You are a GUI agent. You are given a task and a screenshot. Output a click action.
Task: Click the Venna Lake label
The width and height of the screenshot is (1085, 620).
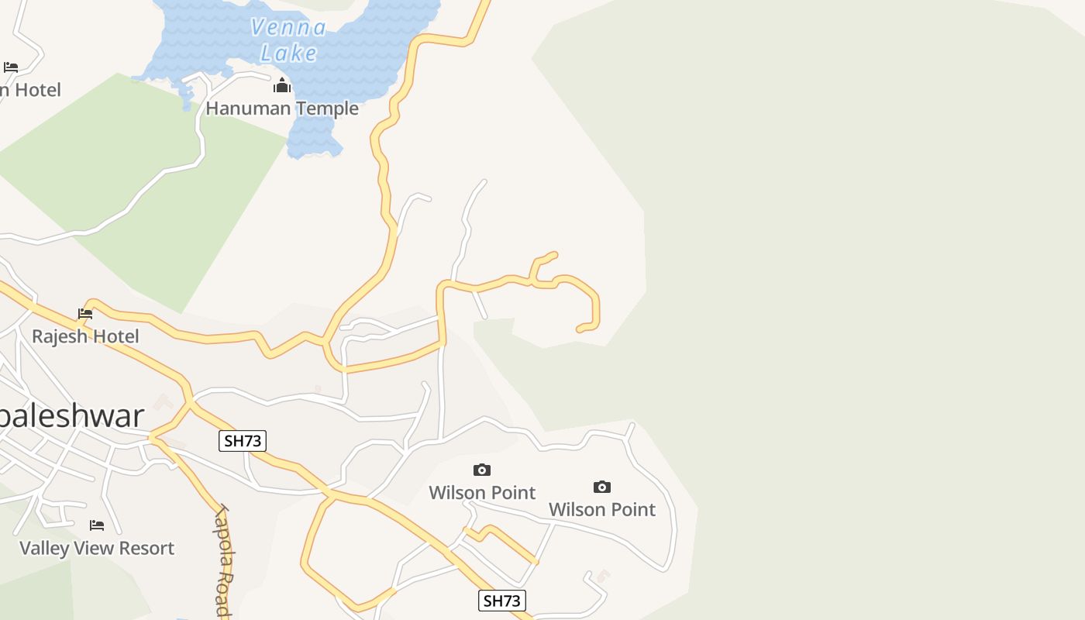point(288,40)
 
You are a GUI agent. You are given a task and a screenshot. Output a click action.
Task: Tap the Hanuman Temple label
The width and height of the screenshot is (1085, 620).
point(282,108)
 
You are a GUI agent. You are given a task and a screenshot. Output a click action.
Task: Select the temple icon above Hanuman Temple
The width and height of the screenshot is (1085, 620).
point(282,85)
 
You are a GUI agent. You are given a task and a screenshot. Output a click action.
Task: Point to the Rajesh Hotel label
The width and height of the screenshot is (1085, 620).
point(85,336)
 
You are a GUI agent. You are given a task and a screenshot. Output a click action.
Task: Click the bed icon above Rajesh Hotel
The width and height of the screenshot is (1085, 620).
point(85,314)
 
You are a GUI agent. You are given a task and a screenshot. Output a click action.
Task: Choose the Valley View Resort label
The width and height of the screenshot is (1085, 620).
point(97,548)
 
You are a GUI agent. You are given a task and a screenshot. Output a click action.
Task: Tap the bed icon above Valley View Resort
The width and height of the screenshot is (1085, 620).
point(97,525)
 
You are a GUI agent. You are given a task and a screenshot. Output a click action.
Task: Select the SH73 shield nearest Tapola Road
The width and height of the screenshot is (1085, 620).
point(243,441)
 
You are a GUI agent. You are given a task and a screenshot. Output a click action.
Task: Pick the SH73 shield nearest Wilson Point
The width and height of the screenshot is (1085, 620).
point(502,600)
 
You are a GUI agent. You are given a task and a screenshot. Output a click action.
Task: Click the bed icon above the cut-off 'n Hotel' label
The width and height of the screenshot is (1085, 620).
point(11,67)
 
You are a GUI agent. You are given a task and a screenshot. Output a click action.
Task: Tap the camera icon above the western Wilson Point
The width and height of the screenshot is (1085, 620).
point(482,470)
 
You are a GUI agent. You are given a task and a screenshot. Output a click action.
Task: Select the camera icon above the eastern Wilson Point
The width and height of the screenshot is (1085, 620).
point(602,487)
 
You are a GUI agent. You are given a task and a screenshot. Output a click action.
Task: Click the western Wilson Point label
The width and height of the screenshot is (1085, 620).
point(482,493)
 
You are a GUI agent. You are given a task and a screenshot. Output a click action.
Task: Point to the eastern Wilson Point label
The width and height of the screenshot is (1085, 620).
point(602,509)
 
